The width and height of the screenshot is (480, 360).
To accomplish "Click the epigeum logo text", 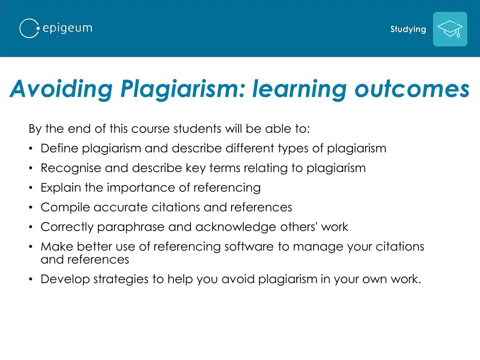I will (67, 29).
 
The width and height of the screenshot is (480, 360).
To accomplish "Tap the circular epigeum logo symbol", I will (29, 29).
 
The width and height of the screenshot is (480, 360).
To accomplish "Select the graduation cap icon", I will (450, 29).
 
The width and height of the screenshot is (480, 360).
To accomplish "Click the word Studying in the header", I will (408, 30).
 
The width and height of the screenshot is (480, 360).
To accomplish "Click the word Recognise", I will (71, 168).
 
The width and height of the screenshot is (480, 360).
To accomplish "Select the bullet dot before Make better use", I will (30, 247).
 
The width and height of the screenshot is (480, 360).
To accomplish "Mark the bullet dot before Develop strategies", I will (30, 280).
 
